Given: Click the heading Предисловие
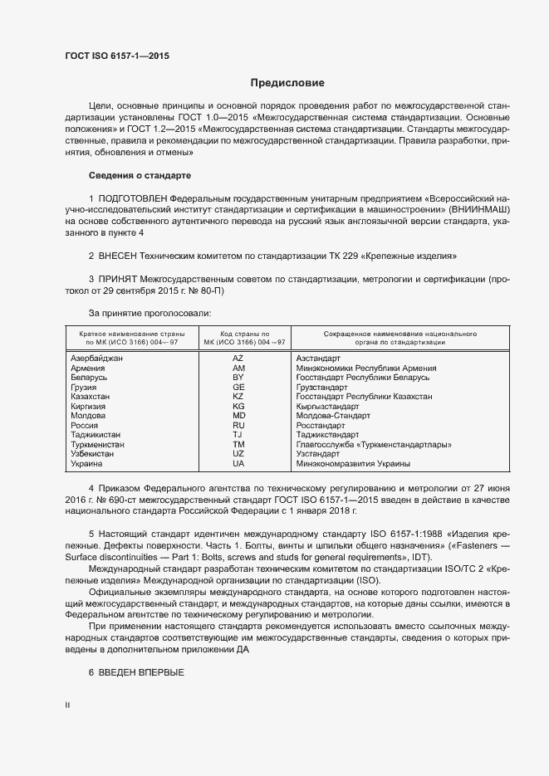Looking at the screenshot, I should pos(287,83).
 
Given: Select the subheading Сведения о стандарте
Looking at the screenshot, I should pos(140,176).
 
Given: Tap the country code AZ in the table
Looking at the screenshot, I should pos(238,358).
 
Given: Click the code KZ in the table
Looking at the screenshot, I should pos(238,397).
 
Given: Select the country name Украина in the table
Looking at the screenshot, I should pos(87,464).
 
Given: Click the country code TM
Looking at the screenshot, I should pos(238,445).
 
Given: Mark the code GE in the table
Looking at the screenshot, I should pos(238,387).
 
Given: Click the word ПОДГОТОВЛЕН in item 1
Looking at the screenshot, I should pos(133,200).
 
